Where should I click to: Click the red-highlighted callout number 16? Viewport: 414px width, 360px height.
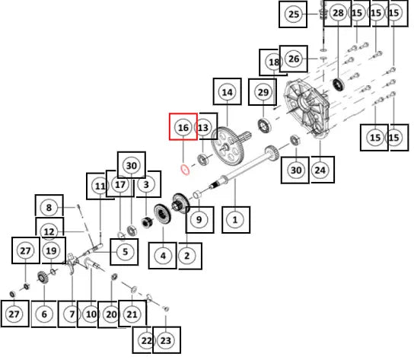click(183, 128)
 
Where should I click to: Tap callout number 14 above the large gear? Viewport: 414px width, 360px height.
click(228, 92)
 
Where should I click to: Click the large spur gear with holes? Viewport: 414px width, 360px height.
click(228, 147)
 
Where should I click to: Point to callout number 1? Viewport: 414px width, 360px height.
click(235, 220)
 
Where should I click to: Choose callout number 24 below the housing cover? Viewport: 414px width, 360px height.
click(320, 170)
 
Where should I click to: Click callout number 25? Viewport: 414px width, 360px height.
click(294, 14)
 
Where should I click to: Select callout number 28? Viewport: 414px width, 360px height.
click(338, 13)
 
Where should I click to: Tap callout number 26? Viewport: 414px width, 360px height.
click(294, 59)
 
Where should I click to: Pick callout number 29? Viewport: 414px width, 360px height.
click(263, 92)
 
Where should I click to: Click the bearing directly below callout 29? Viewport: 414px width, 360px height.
click(264, 126)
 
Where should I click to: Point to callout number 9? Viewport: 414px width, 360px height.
click(199, 219)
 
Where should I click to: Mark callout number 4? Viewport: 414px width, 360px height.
click(163, 256)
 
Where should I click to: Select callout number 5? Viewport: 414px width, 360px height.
click(125, 252)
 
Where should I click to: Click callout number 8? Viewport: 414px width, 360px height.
click(49, 208)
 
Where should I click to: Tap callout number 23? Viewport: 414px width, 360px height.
click(166, 340)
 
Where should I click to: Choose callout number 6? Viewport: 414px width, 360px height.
click(44, 314)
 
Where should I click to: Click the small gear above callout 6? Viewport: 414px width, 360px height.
click(42, 278)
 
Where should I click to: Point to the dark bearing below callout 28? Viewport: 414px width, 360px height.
click(338, 84)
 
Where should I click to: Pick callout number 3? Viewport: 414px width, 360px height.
click(146, 184)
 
